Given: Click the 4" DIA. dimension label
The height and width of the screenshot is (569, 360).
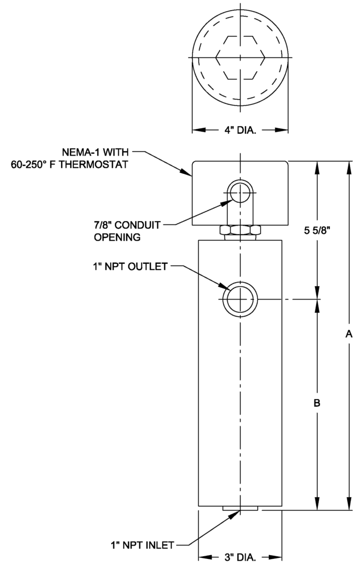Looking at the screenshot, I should pyautogui.click(x=239, y=131).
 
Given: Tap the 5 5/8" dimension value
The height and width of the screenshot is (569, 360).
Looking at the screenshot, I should pyautogui.click(x=317, y=231).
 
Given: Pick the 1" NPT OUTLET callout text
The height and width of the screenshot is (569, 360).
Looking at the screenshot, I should pyautogui.click(x=131, y=267).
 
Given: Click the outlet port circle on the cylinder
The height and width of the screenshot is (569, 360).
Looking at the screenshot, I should pyautogui.click(x=240, y=300).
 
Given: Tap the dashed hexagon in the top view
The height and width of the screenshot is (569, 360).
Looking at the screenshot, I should pyautogui.click(x=240, y=58).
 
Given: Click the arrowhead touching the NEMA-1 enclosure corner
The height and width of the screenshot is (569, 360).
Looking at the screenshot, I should pyautogui.click(x=189, y=174).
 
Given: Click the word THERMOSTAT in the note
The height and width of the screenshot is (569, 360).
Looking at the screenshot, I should pyautogui.click(x=96, y=164).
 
